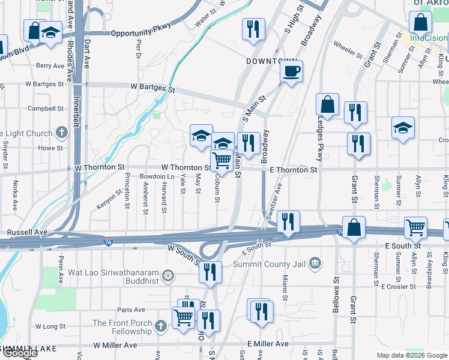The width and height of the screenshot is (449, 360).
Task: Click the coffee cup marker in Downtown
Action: tap(291, 72)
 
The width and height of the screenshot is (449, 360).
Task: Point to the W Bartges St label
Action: tap(152, 87)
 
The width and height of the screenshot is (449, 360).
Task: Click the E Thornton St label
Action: tap(294, 170)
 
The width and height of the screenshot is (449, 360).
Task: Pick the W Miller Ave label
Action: tap(115, 346)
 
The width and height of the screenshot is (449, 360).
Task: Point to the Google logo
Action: tap(20, 353)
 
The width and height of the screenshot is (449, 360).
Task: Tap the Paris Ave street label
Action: tap(131, 310)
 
